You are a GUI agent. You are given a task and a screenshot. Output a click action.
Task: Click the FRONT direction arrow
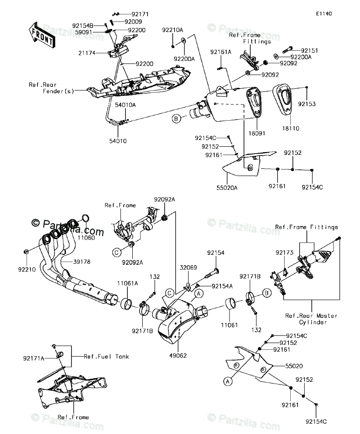tap(42, 35)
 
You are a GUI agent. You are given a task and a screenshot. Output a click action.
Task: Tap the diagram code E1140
tap(324, 14)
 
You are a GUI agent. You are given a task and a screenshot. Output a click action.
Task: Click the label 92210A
tap(173, 30)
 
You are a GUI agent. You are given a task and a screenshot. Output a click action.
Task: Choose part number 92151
tap(310, 51)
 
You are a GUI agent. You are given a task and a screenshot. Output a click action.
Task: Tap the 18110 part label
tap(291, 129)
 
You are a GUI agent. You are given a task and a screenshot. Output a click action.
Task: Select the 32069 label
tap(189, 267)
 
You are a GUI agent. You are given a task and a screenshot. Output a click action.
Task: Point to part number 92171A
tap(34, 358)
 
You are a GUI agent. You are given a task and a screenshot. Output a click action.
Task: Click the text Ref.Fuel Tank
tap(106, 357)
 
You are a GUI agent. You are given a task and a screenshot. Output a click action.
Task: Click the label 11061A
tap(128, 283)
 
